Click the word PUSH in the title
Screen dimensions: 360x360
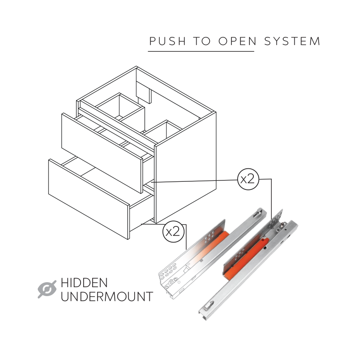[x=167, y=41]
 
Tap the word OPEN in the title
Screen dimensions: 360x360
[x=238, y=41]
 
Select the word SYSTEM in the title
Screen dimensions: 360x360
[x=292, y=41]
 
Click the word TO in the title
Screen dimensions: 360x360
[x=202, y=41]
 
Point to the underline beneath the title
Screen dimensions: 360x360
[x=201, y=51]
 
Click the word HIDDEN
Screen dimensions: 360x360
[x=84, y=283]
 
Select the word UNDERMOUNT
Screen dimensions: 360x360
[x=107, y=297]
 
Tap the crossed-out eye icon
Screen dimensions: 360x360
[x=47, y=289]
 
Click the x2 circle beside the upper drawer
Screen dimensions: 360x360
[x=248, y=179]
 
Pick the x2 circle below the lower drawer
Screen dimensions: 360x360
[x=173, y=232]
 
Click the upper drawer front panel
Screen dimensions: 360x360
[x=102, y=153]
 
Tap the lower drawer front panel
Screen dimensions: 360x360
[x=89, y=199]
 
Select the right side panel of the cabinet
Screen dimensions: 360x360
[x=185, y=167]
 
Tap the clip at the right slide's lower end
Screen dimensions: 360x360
[x=208, y=306]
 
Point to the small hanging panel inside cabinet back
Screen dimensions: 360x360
[x=144, y=92]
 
